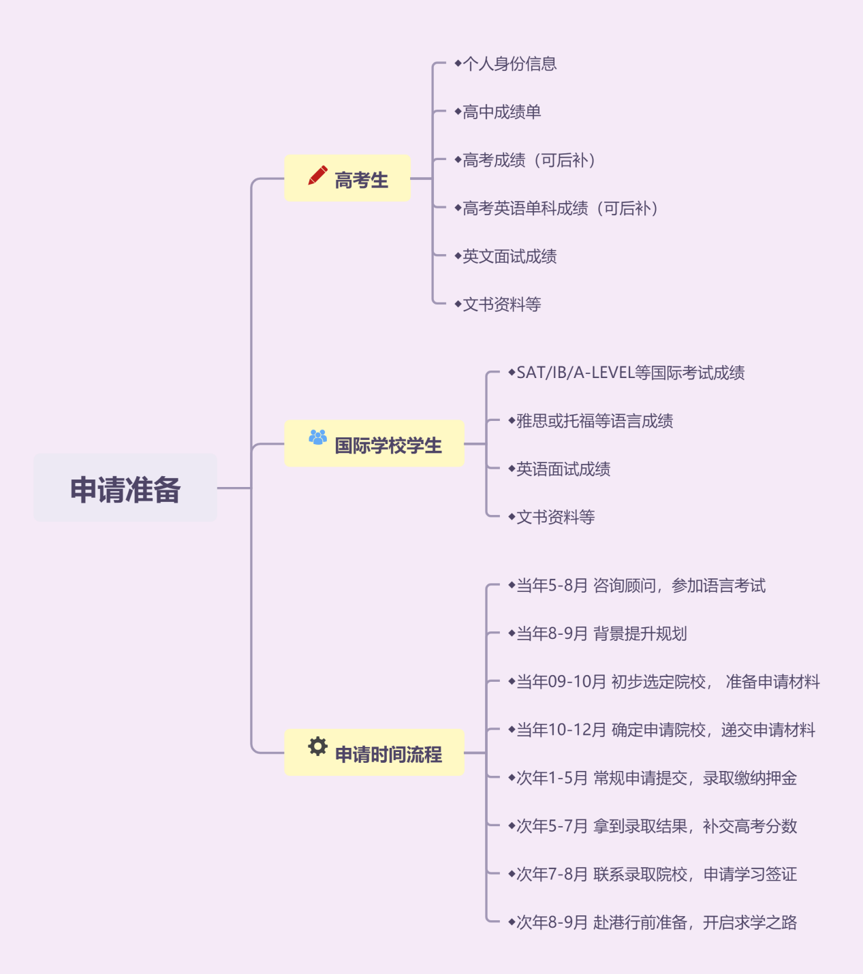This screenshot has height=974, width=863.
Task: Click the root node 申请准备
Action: (x=125, y=488)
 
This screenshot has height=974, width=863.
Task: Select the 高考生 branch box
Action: (x=347, y=178)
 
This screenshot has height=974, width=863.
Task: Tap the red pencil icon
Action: (x=317, y=176)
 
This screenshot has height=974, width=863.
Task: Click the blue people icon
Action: (x=317, y=437)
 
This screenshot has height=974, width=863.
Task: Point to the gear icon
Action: (x=317, y=747)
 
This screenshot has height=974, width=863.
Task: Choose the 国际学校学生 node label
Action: (x=388, y=445)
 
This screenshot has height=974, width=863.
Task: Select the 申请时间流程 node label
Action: (x=388, y=754)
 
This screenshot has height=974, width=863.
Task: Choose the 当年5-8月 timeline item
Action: (x=640, y=586)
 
